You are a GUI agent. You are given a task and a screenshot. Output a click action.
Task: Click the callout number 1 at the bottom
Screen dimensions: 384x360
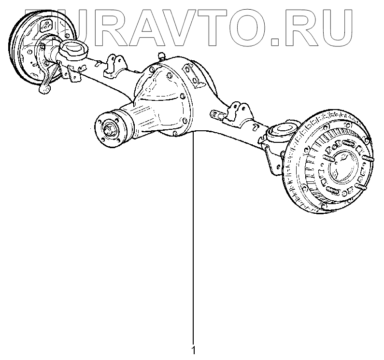pos(194,349)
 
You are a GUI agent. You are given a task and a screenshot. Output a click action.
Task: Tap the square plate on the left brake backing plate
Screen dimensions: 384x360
pos(47,26)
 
